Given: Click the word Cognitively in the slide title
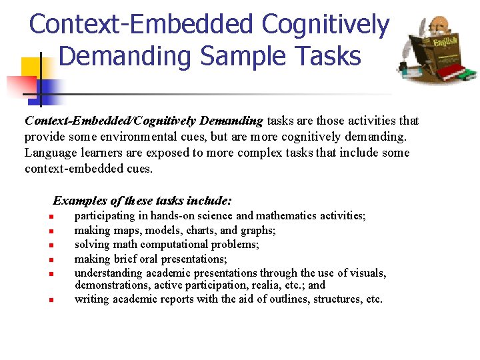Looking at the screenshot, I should click(x=325, y=25).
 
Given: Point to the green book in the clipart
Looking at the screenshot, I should click(x=467, y=73).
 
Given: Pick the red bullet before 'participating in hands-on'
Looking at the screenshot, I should click(x=50, y=217).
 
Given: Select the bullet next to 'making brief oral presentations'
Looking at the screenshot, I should click(x=50, y=259).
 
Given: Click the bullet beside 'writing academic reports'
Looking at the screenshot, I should click(x=50, y=300).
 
